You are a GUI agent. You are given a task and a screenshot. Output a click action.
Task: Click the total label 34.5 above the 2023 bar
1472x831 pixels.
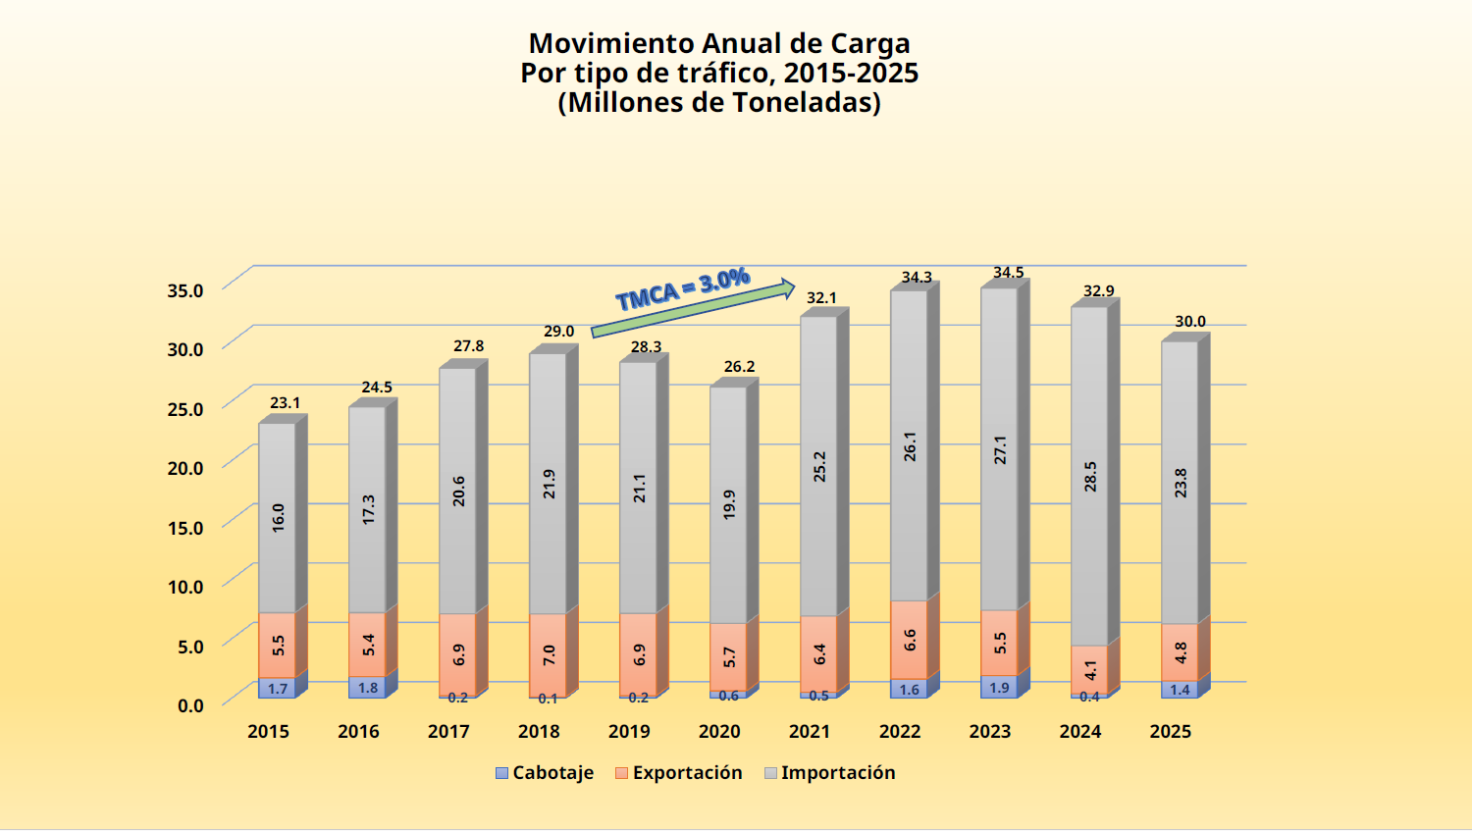pyautogui.click(x=1009, y=273)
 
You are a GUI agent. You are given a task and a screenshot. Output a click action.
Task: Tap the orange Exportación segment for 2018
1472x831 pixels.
pyautogui.click(x=548, y=654)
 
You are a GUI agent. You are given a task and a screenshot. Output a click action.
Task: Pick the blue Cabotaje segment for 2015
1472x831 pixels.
pyautogui.click(x=277, y=689)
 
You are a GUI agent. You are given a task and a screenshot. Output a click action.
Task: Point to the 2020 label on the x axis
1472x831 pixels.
pyautogui.click(x=719, y=732)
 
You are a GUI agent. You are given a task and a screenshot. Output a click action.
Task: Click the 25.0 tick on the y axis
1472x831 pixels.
pyautogui.click(x=184, y=408)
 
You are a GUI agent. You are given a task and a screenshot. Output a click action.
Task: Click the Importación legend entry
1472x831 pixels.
pyautogui.click(x=829, y=773)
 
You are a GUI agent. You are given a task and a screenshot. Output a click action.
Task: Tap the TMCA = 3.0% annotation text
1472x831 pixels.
pyautogui.click(x=683, y=288)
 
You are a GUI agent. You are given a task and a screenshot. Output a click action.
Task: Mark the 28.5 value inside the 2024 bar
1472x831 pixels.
pyautogui.click(x=1090, y=477)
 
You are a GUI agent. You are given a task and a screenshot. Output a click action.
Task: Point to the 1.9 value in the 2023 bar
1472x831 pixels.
pyautogui.click(x=999, y=688)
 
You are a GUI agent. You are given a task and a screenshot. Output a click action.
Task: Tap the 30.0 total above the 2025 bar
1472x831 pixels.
pyautogui.click(x=1190, y=322)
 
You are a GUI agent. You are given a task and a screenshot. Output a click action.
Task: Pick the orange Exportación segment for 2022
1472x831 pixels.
pyautogui.click(x=909, y=640)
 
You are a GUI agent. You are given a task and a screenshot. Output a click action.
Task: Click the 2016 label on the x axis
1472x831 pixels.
pyautogui.click(x=358, y=732)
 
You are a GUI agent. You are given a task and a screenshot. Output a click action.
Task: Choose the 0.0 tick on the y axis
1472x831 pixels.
pyautogui.click(x=190, y=705)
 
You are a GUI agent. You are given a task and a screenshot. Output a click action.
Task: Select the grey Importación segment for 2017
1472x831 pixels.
pyautogui.click(x=457, y=491)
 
